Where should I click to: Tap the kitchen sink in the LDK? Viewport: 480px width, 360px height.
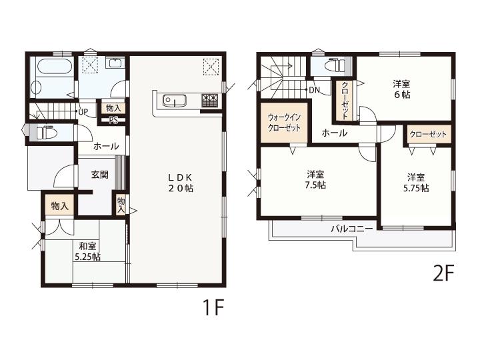(x=175, y=101)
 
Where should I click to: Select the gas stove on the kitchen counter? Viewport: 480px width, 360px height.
(x=209, y=101)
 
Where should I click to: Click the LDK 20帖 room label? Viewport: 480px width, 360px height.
(x=180, y=183)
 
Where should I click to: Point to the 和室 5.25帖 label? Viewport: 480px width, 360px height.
(x=88, y=251)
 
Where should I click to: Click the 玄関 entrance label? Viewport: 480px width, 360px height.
(x=100, y=175)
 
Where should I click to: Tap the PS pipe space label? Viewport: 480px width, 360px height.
(x=113, y=120)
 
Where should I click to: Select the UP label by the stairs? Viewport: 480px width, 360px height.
(x=83, y=112)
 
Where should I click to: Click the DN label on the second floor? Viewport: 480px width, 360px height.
(x=315, y=90)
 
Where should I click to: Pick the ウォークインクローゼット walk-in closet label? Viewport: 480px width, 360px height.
(x=284, y=123)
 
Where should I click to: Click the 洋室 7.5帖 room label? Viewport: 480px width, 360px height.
(x=316, y=180)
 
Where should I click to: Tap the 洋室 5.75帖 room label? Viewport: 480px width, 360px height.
(x=416, y=183)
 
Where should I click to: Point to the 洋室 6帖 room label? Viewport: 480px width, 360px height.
(x=401, y=89)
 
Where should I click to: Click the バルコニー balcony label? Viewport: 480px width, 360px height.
(x=352, y=229)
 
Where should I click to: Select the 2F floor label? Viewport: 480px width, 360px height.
(x=443, y=273)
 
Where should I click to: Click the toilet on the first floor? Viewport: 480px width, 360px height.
(x=47, y=132)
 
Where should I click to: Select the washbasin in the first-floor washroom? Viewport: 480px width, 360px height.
(x=115, y=63)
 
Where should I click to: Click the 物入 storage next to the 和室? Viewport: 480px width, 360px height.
(x=59, y=206)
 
